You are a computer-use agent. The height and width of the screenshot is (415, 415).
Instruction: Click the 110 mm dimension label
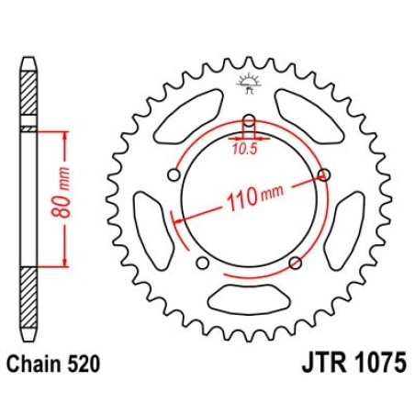[x=255, y=197]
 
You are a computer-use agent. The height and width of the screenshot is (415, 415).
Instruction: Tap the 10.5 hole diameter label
[x=244, y=149]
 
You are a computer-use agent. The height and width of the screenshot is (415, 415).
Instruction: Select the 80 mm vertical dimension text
[x=61, y=193]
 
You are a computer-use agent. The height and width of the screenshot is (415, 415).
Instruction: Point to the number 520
[x=84, y=364]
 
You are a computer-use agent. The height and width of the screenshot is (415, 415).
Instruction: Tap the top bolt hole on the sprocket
[x=250, y=120]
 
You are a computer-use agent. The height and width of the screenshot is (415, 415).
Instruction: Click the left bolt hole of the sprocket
[x=174, y=175]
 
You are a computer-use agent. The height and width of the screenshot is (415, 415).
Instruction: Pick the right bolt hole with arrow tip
[x=324, y=175]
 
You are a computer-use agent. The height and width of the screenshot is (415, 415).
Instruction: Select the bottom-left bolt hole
[x=203, y=263]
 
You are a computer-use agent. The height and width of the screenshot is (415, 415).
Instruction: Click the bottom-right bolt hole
[x=296, y=263]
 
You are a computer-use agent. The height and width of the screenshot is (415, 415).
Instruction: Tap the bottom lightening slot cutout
[x=249, y=299]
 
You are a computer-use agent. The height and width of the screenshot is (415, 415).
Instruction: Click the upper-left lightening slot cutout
[x=188, y=117]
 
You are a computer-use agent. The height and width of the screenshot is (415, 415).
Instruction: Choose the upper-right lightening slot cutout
[x=309, y=117]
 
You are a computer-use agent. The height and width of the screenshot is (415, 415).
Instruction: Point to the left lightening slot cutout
[x=154, y=230]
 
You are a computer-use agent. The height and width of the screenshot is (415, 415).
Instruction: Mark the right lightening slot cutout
[x=344, y=230]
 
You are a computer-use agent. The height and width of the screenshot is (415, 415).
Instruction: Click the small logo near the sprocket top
[x=250, y=83]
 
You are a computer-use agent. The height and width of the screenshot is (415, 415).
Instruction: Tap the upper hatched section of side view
[x=28, y=93]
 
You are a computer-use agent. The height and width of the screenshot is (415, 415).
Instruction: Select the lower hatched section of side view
[x=28, y=297]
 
